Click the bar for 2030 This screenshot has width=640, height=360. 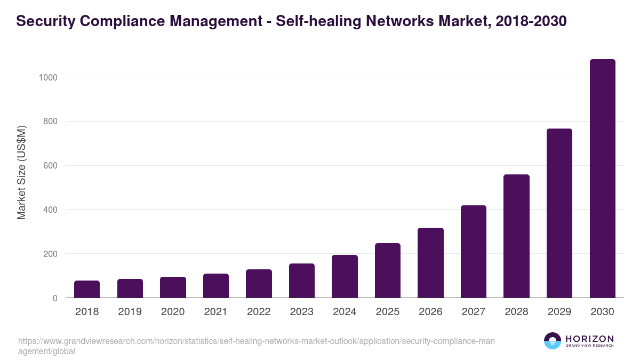click(x=602, y=179)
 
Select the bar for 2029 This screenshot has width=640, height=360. click(x=559, y=213)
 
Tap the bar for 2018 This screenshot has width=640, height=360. click(x=87, y=289)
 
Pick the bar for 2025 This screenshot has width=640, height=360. click(x=388, y=270)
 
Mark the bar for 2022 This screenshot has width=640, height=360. click(x=259, y=284)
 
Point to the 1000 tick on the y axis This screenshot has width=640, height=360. click(x=48, y=77)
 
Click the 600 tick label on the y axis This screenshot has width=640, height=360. click(x=50, y=166)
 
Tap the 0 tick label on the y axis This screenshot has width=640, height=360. click(x=55, y=298)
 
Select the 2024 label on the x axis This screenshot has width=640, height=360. click(x=345, y=312)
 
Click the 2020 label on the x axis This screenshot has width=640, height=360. click(x=173, y=312)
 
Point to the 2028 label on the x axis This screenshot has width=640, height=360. click(x=516, y=312)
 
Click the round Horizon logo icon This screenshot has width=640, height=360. click(x=553, y=341)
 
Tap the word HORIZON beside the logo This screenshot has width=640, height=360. click(x=589, y=338)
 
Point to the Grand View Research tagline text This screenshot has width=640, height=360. click(x=589, y=346)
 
